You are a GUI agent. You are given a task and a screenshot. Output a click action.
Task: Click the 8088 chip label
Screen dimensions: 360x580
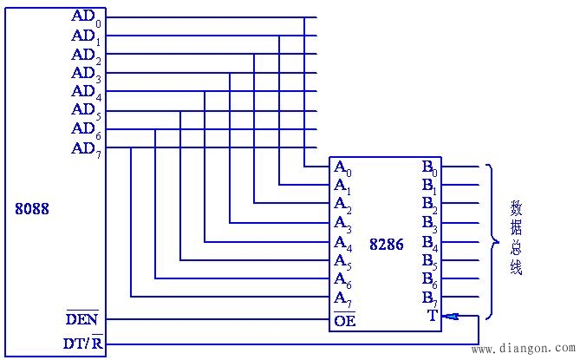32,209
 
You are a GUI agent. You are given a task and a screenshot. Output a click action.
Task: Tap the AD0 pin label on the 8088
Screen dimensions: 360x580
86,17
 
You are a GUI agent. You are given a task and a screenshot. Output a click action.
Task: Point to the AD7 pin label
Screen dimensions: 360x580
86,148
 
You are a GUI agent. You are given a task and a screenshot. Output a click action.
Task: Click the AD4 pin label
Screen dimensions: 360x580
86,92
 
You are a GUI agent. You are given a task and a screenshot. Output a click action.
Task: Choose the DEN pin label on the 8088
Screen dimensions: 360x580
82,318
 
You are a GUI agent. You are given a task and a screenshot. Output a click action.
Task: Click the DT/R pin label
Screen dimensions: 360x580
83,343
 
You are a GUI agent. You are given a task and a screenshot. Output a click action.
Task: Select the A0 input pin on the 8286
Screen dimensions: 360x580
342,167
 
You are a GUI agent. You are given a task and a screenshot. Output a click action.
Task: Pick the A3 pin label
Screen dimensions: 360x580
342,223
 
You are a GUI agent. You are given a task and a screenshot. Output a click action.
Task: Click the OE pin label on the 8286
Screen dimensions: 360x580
344,320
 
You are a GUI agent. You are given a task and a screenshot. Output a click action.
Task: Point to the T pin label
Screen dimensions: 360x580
432,316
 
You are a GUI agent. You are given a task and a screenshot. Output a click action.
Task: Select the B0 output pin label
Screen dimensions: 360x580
430,167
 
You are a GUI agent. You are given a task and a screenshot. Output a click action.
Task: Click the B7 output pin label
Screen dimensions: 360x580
430,298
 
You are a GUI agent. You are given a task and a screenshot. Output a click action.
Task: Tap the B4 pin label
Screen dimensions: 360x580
430,242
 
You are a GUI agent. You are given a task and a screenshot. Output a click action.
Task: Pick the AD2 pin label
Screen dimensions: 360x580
86,55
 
